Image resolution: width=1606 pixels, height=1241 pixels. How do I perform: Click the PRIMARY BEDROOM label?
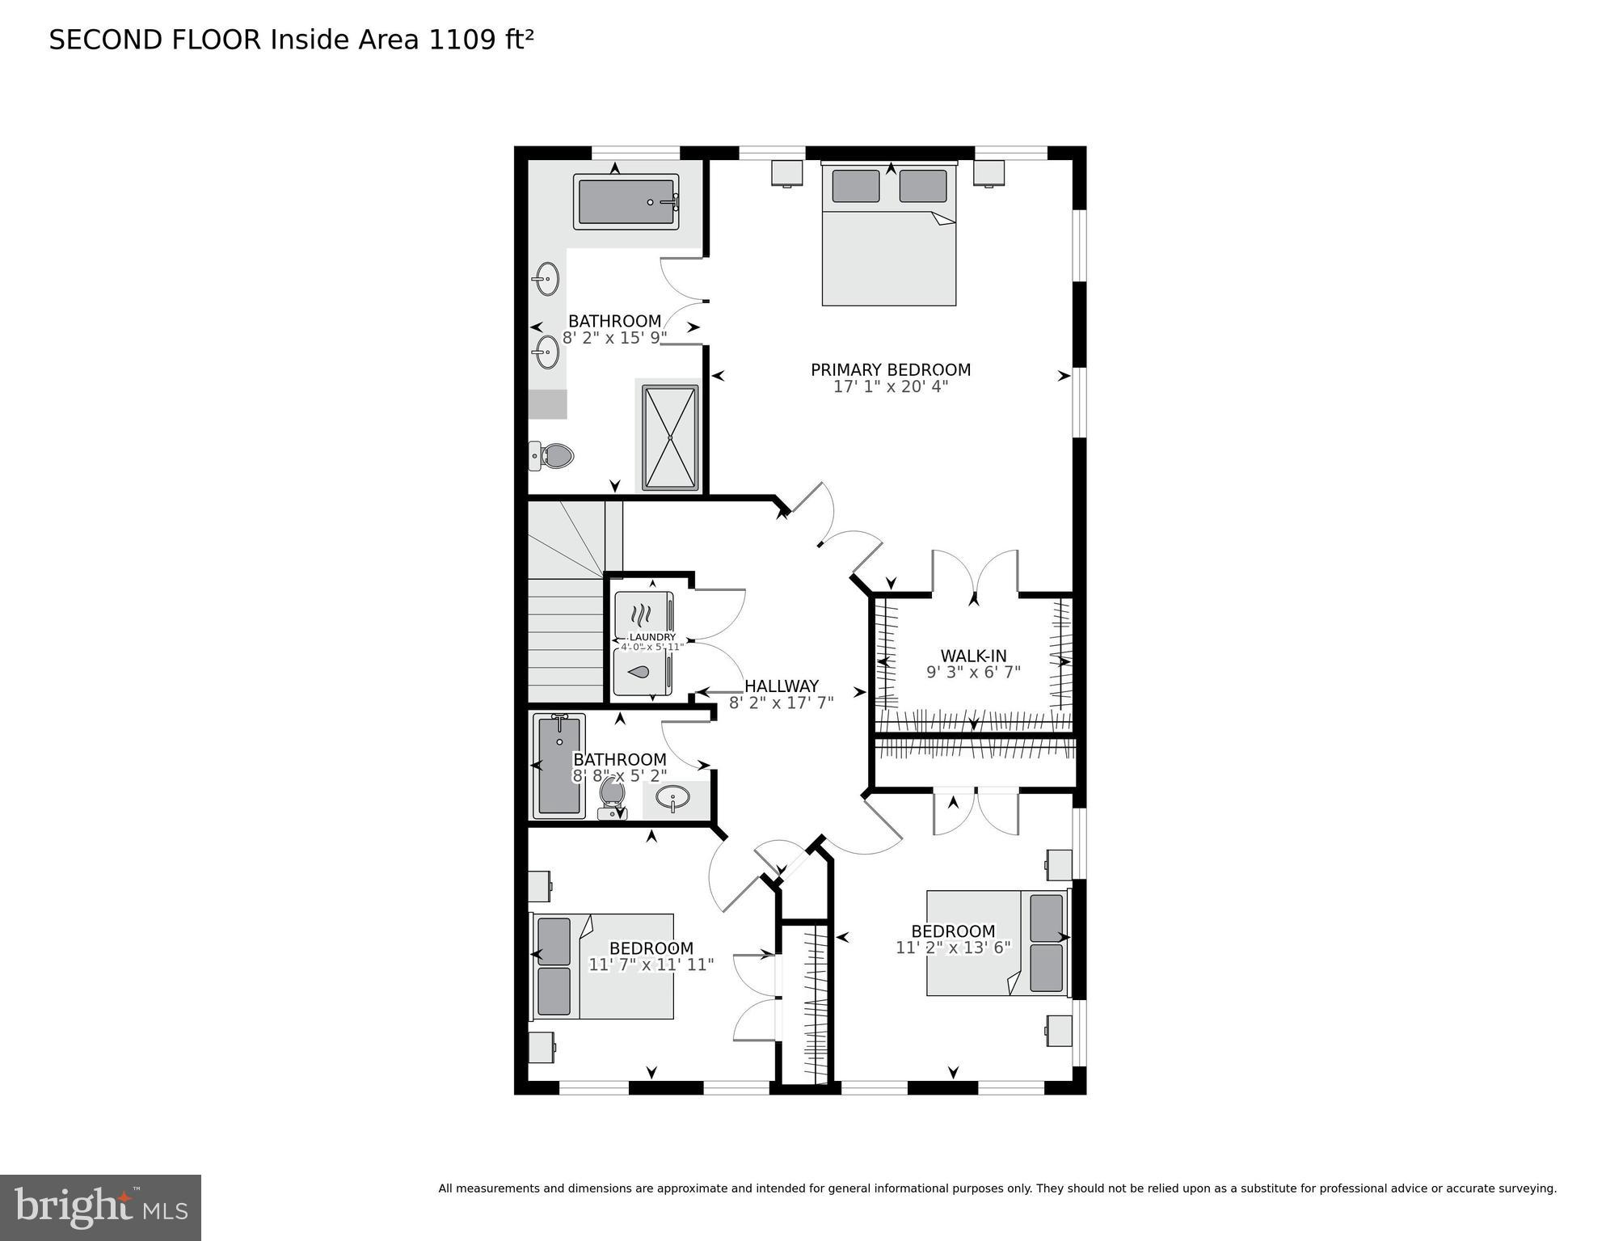(890, 370)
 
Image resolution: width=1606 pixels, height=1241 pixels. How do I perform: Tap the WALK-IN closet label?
(973, 656)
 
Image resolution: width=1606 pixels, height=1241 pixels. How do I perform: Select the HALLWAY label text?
(781, 686)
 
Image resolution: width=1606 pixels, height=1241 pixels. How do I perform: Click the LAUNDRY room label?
(651, 637)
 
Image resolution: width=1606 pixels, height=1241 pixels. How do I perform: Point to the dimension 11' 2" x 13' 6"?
(953, 948)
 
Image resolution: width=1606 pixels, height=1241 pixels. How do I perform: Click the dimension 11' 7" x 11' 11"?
(651, 965)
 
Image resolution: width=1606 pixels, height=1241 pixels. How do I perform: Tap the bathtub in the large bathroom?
(626, 201)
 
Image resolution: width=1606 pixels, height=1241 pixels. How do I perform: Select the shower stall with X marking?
(670, 437)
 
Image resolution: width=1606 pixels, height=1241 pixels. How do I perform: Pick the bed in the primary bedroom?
(889, 235)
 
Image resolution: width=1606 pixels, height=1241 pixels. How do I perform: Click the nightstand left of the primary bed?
(786, 173)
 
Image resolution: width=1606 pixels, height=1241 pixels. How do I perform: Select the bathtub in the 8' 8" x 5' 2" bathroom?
(559, 765)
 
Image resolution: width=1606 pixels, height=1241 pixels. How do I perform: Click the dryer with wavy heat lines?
(643, 614)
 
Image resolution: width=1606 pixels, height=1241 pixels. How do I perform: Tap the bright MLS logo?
(100, 1208)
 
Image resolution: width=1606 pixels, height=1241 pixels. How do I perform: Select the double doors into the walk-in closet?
(975, 575)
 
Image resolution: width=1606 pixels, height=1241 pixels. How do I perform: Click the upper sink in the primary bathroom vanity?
(547, 280)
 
